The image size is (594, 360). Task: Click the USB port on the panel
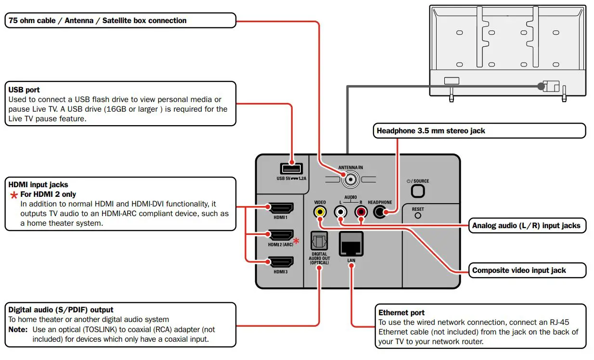tap(291, 168)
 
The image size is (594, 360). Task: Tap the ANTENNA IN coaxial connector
tap(350, 180)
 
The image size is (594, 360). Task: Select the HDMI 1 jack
tap(280, 208)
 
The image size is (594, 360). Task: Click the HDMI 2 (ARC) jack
tap(280, 235)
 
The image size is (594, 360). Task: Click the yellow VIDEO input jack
tap(320, 212)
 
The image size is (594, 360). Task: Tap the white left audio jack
tap(341, 212)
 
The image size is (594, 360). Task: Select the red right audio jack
tap(361, 212)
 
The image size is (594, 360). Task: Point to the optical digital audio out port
tap(319, 241)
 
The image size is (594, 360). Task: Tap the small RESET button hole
tap(417, 216)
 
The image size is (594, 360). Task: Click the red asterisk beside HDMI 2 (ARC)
tap(296, 240)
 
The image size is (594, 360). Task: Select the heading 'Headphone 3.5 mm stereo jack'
tap(430, 131)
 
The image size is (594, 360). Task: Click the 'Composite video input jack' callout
tap(519, 270)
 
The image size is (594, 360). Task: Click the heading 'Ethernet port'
tap(401, 312)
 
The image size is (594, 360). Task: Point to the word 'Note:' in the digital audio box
tap(18, 330)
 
